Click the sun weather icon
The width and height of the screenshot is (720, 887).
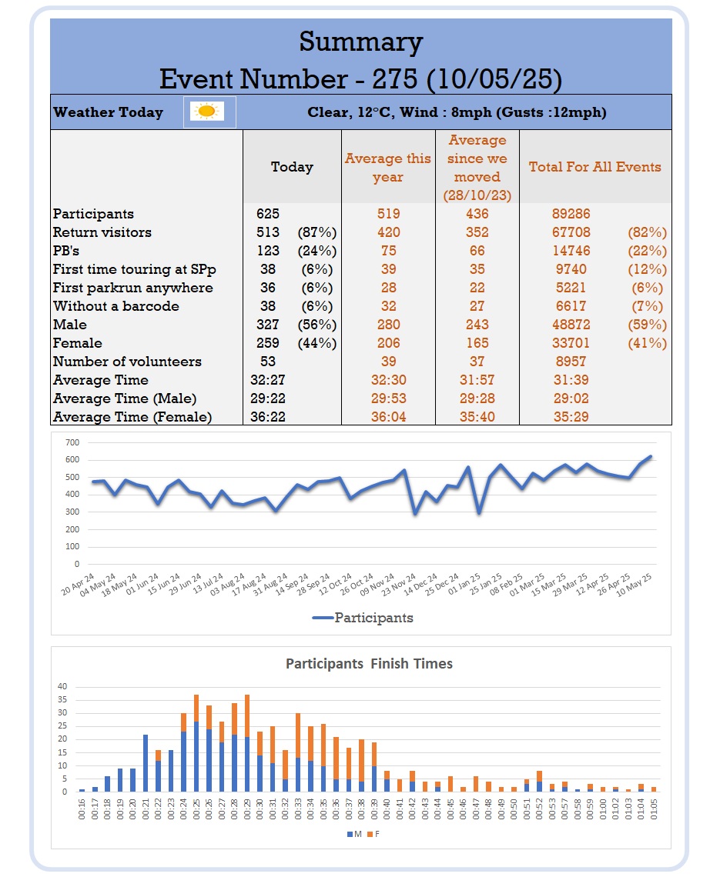click(206, 111)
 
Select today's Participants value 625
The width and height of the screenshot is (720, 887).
click(268, 214)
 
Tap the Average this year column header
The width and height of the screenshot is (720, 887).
click(388, 168)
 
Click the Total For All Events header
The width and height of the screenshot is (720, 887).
click(595, 167)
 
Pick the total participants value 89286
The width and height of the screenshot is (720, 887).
click(571, 214)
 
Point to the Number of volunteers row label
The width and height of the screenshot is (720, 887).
click(127, 362)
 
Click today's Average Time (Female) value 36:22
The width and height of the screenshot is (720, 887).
click(268, 417)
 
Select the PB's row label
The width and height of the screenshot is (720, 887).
click(66, 251)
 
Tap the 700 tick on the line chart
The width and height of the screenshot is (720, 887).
click(72, 442)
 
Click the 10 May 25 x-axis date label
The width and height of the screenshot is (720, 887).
click(635, 585)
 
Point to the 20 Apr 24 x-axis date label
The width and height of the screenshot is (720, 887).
click(78, 585)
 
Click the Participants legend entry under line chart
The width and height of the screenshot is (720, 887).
click(363, 618)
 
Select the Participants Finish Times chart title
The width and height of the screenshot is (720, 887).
click(369, 664)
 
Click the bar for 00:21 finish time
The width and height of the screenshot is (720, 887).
click(146, 763)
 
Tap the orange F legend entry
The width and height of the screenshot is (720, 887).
click(373, 835)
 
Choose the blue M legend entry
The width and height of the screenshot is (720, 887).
click(354, 835)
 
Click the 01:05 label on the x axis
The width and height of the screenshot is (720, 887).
click(654, 809)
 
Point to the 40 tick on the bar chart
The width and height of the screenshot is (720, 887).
click(62, 686)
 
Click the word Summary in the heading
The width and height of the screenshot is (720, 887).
click(361, 42)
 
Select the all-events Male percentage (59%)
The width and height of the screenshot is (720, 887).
click(647, 325)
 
